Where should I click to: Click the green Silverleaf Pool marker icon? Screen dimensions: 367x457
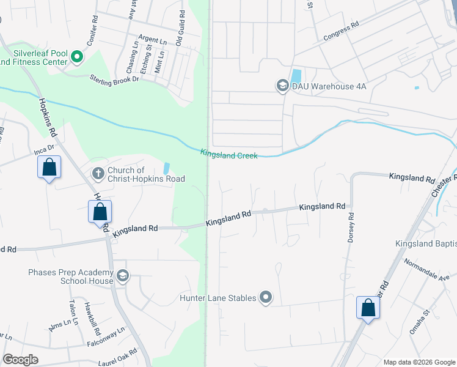77,57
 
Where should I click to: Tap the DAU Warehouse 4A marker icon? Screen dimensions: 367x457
282,86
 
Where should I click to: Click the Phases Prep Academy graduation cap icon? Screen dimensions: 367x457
123,276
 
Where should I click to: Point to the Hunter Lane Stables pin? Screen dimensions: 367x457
266,298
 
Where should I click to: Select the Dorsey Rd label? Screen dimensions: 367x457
351,228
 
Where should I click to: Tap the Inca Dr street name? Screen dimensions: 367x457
44,149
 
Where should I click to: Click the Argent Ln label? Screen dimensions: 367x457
153,40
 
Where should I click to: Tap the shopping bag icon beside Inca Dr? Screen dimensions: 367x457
49,167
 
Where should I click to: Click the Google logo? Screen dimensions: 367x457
20,360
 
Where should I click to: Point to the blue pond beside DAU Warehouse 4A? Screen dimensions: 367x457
296,76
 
